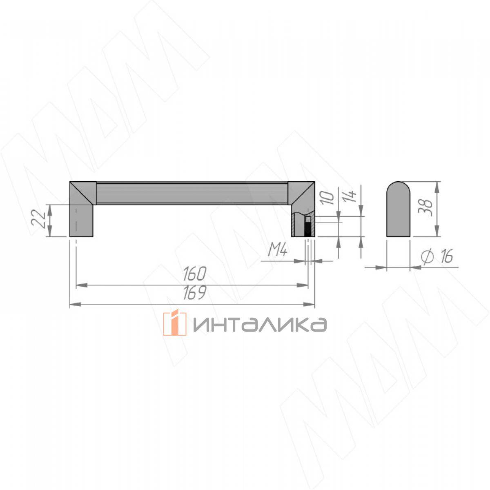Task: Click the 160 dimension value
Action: click(194, 274)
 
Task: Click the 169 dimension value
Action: click(194, 293)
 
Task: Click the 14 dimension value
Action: click(351, 196)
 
